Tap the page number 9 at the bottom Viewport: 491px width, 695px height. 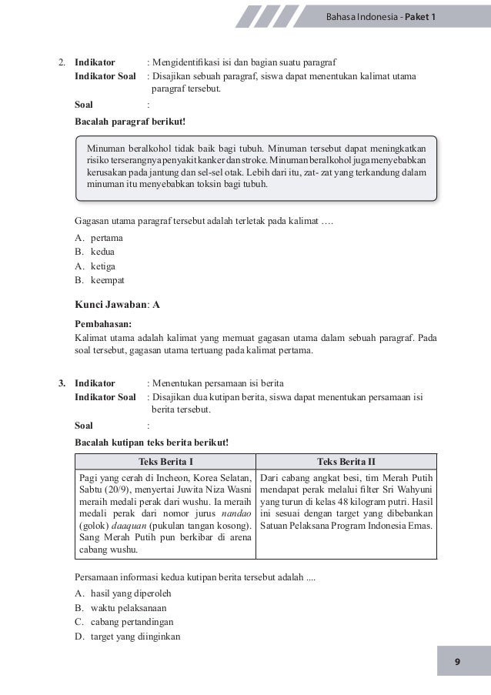pyautogui.click(x=457, y=661)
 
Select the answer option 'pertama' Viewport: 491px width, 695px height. pyautogui.click(x=107, y=238)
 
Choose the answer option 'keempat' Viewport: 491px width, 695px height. pyautogui.click(x=108, y=279)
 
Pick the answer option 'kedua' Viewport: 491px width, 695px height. pyautogui.click(x=103, y=252)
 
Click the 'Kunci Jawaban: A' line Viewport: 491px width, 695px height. pyautogui.click(x=117, y=304)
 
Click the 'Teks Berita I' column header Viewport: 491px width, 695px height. pyautogui.click(x=165, y=461)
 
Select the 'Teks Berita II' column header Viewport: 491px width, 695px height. pyautogui.click(x=346, y=461)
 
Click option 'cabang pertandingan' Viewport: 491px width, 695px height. pyautogui.click(x=129, y=622)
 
